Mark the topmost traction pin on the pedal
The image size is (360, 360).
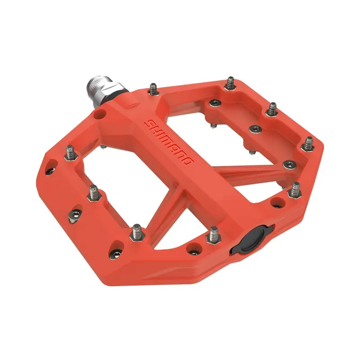[230, 83]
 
